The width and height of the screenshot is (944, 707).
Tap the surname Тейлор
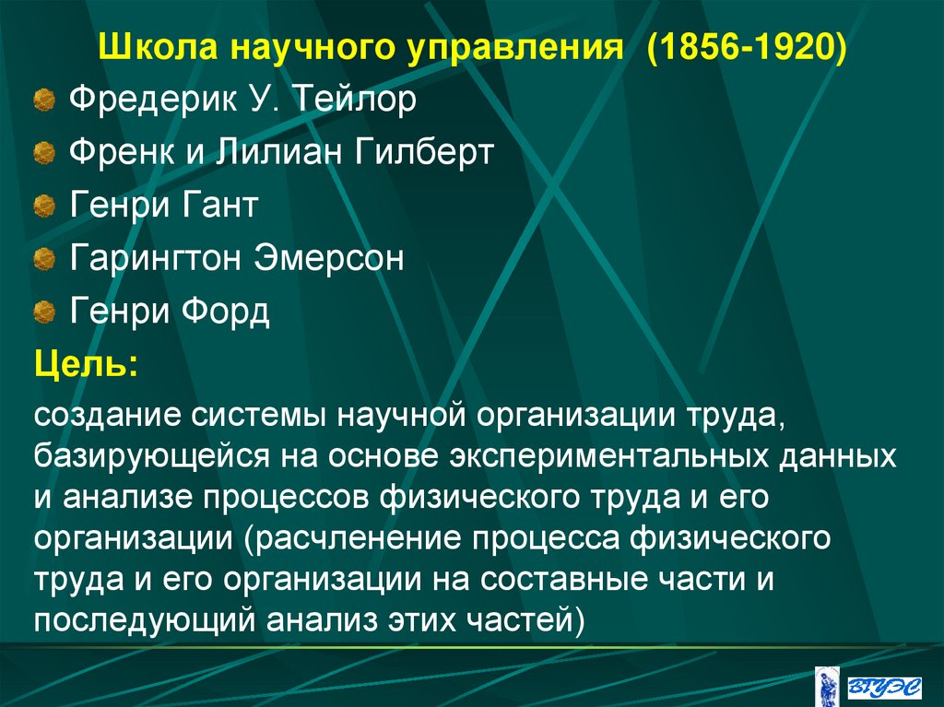353,100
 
